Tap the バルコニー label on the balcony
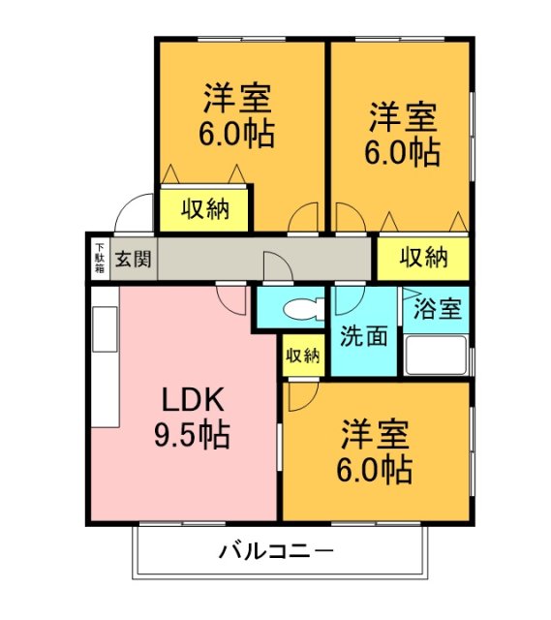coord(276,553)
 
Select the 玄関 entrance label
coord(134,259)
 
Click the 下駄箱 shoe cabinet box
coord(100,259)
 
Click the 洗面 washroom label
coord(364,335)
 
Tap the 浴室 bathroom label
coord(437,310)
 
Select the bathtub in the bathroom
coord(436,356)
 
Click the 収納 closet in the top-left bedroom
coord(204,209)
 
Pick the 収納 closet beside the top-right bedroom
coord(423,258)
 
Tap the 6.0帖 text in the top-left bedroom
coord(237,133)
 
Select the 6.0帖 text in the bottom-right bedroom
coord(375,470)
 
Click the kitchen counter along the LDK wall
coord(104,366)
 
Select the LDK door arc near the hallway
coord(232,298)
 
